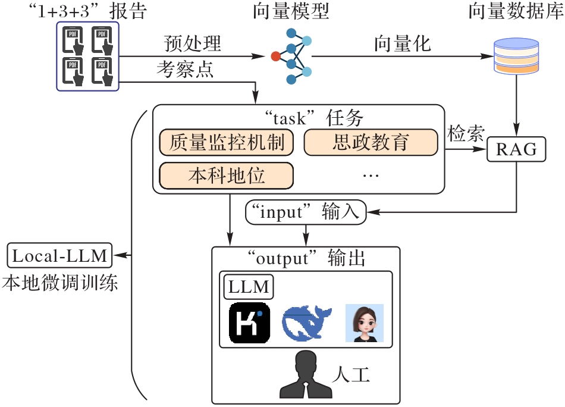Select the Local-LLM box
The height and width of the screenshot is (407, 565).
tap(59, 256)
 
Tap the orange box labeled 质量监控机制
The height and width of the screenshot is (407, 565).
tap(227, 143)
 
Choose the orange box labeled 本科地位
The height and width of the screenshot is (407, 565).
tap(227, 176)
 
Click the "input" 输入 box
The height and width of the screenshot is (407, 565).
tap(306, 212)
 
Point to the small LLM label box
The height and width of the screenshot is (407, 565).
tap(249, 287)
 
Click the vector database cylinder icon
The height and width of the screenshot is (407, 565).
tap(516, 56)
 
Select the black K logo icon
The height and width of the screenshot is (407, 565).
tap(250, 324)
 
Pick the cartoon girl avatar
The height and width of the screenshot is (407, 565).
tap(364, 323)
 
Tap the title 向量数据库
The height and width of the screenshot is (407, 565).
tap(516, 11)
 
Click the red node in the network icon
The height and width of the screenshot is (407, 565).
tap(275, 57)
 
